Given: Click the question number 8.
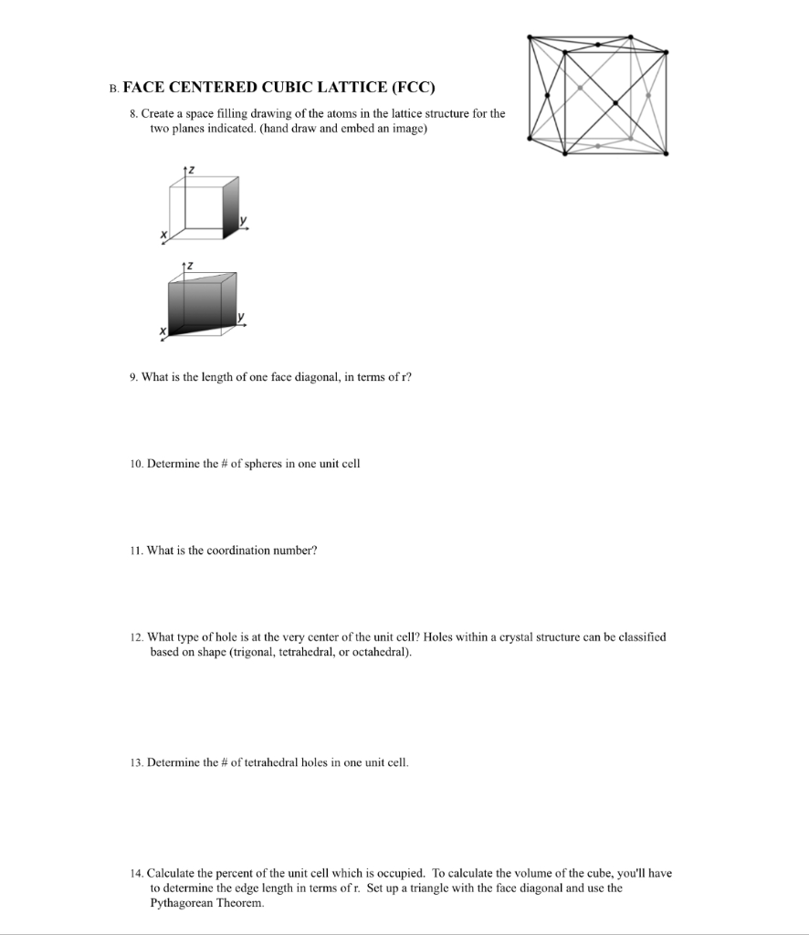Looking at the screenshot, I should tap(132, 113).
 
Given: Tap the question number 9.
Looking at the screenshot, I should tap(132, 377).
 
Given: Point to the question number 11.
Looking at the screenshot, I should tap(134, 551).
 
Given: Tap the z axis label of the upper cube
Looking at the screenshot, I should tap(190, 171).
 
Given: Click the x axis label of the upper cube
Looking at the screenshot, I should tap(164, 236).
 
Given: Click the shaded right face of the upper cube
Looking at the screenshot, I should tap(230, 205).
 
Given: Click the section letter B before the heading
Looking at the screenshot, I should tap(112, 89).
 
